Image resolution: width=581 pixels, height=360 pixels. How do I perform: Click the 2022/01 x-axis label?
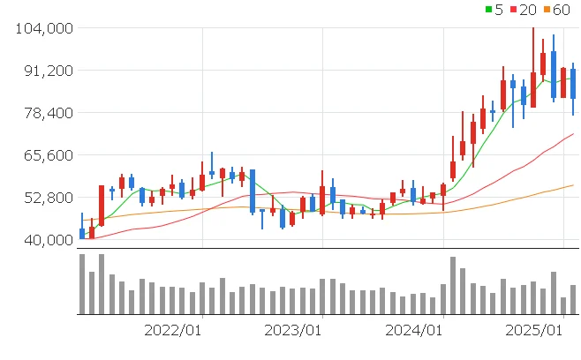173,330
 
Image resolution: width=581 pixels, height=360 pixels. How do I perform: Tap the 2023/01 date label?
293,330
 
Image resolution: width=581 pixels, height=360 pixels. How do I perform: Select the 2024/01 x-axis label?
414,330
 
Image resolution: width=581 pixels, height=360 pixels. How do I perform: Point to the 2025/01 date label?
534,330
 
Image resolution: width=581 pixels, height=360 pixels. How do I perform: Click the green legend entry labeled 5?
495,10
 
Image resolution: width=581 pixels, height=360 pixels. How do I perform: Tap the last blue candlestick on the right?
573,84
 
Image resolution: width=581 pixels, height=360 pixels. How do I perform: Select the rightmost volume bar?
573,299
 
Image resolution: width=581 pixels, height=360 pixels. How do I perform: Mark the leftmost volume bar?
82,284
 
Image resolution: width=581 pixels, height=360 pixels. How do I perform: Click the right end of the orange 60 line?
574,184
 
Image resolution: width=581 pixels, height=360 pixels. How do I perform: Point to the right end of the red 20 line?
574,134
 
